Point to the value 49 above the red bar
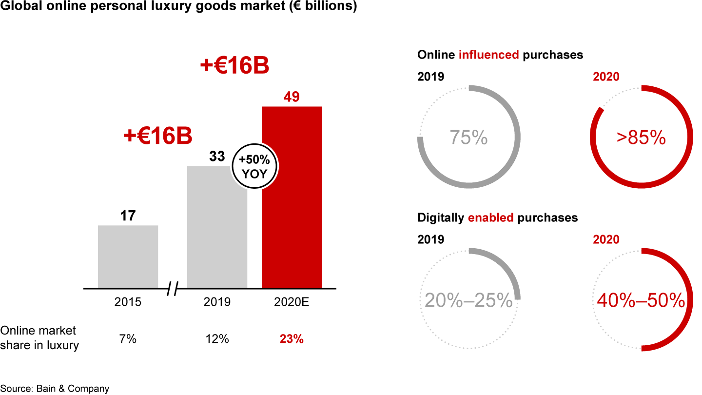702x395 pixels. [x=292, y=97]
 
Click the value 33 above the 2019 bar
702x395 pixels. [x=217, y=156]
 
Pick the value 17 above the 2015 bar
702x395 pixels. [x=128, y=216]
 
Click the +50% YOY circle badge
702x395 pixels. [x=254, y=167]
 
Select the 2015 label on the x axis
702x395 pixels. [x=128, y=302]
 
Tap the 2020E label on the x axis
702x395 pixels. [x=292, y=302]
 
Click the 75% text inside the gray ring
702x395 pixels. [x=468, y=138]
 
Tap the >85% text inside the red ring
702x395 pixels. [x=641, y=138]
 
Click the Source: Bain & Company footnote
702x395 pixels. [x=55, y=389]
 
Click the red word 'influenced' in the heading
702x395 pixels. [x=488, y=55]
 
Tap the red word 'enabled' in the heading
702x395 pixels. [x=490, y=217]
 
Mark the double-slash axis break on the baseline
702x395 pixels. [x=172, y=289]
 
